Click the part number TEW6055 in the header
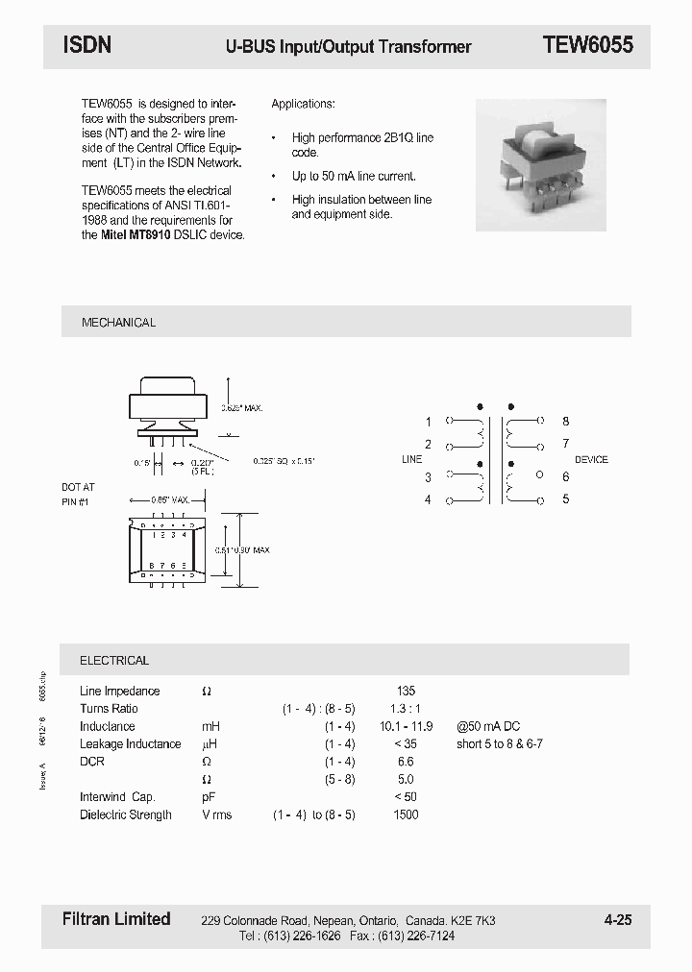pyautogui.click(x=587, y=45)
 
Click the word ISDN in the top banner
pyautogui.click(x=87, y=45)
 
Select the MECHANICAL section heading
pyautogui.click(x=118, y=323)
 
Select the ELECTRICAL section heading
pyautogui.click(x=114, y=661)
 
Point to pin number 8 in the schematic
pyautogui.click(x=566, y=422)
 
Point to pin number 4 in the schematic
pyautogui.click(x=429, y=499)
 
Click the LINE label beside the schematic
pyautogui.click(x=411, y=460)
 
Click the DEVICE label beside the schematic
pyautogui.click(x=591, y=460)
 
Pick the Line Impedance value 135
pyautogui.click(x=406, y=691)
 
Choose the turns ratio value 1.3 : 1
pyautogui.click(x=406, y=709)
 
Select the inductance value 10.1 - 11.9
pyautogui.click(x=406, y=726)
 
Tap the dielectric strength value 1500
pyautogui.click(x=406, y=814)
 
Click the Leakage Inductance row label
pyautogui.click(x=130, y=744)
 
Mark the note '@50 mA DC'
pyautogui.click(x=488, y=726)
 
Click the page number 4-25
pyautogui.click(x=618, y=920)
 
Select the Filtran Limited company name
pyautogui.click(x=110, y=919)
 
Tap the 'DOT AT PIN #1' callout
pyautogui.click(x=78, y=495)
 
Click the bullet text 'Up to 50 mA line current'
pyautogui.click(x=354, y=177)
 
